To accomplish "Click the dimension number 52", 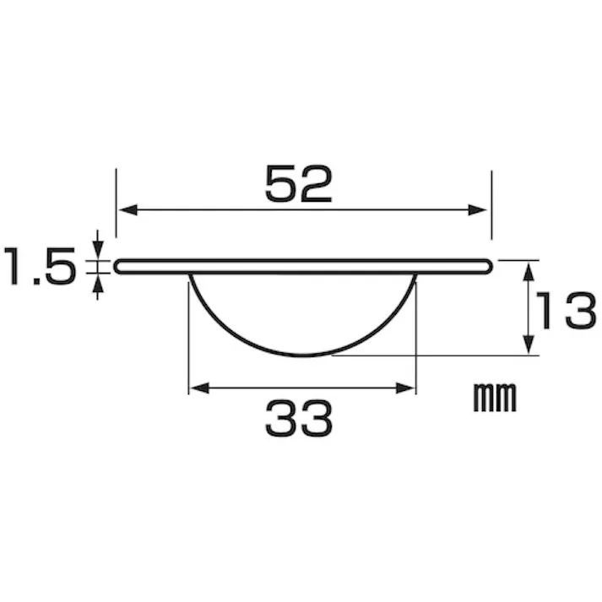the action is [x=298, y=184].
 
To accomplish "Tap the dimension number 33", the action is [x=298, y=419].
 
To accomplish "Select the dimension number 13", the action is [x=567, y=311].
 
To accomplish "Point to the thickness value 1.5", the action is [x=40, y=266].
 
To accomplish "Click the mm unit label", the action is [x=495, y=398].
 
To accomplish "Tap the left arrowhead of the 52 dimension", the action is [x=128, y=210].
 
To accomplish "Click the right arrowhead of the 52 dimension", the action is [x=477, y=210].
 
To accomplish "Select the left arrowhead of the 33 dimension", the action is [x=199, y=388].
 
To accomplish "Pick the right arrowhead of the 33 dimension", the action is [x=405, y=388].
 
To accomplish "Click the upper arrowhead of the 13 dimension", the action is [x=529, y=272].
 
